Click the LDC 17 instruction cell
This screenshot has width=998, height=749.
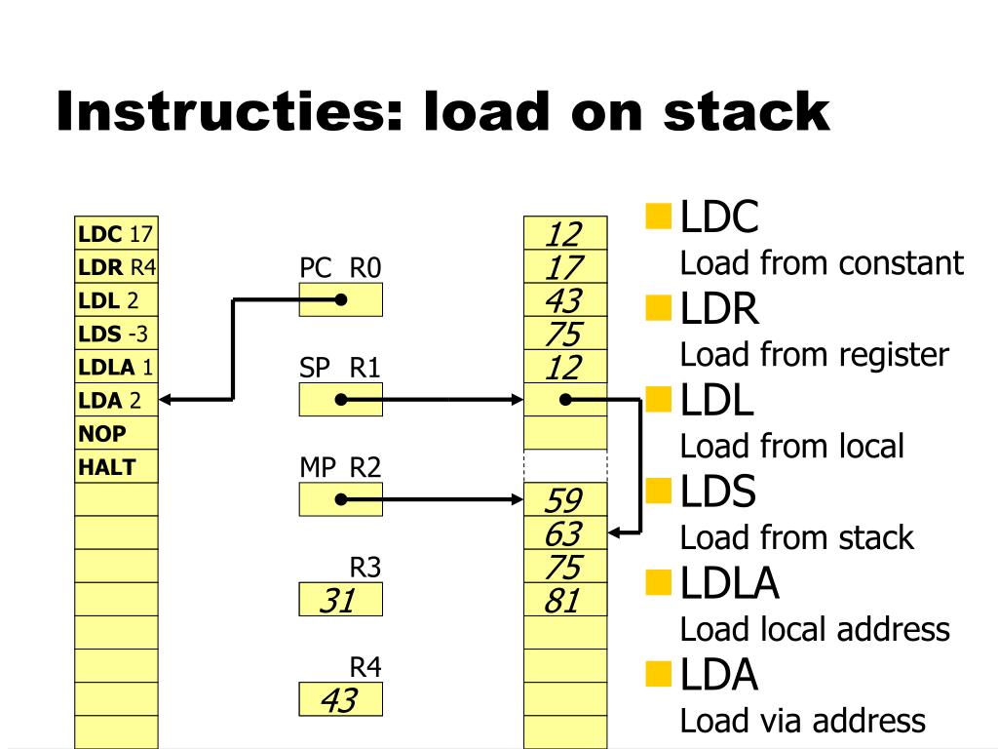116,234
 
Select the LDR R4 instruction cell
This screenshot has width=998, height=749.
116,267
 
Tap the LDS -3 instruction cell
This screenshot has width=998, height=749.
116,334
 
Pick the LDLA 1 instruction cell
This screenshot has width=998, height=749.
116,367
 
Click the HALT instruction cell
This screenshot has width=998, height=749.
116,466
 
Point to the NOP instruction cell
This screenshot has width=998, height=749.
116,433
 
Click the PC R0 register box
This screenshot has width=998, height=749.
340,299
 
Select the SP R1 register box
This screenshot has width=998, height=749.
340,399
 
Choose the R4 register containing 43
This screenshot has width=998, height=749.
340,700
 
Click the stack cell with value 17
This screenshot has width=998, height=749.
564,267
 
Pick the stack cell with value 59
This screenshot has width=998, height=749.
564,500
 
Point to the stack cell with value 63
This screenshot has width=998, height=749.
564,533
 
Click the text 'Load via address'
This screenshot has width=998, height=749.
802,721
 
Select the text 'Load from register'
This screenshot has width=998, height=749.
814,355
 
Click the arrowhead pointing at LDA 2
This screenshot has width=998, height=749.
165,399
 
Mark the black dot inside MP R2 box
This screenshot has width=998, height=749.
340,499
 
